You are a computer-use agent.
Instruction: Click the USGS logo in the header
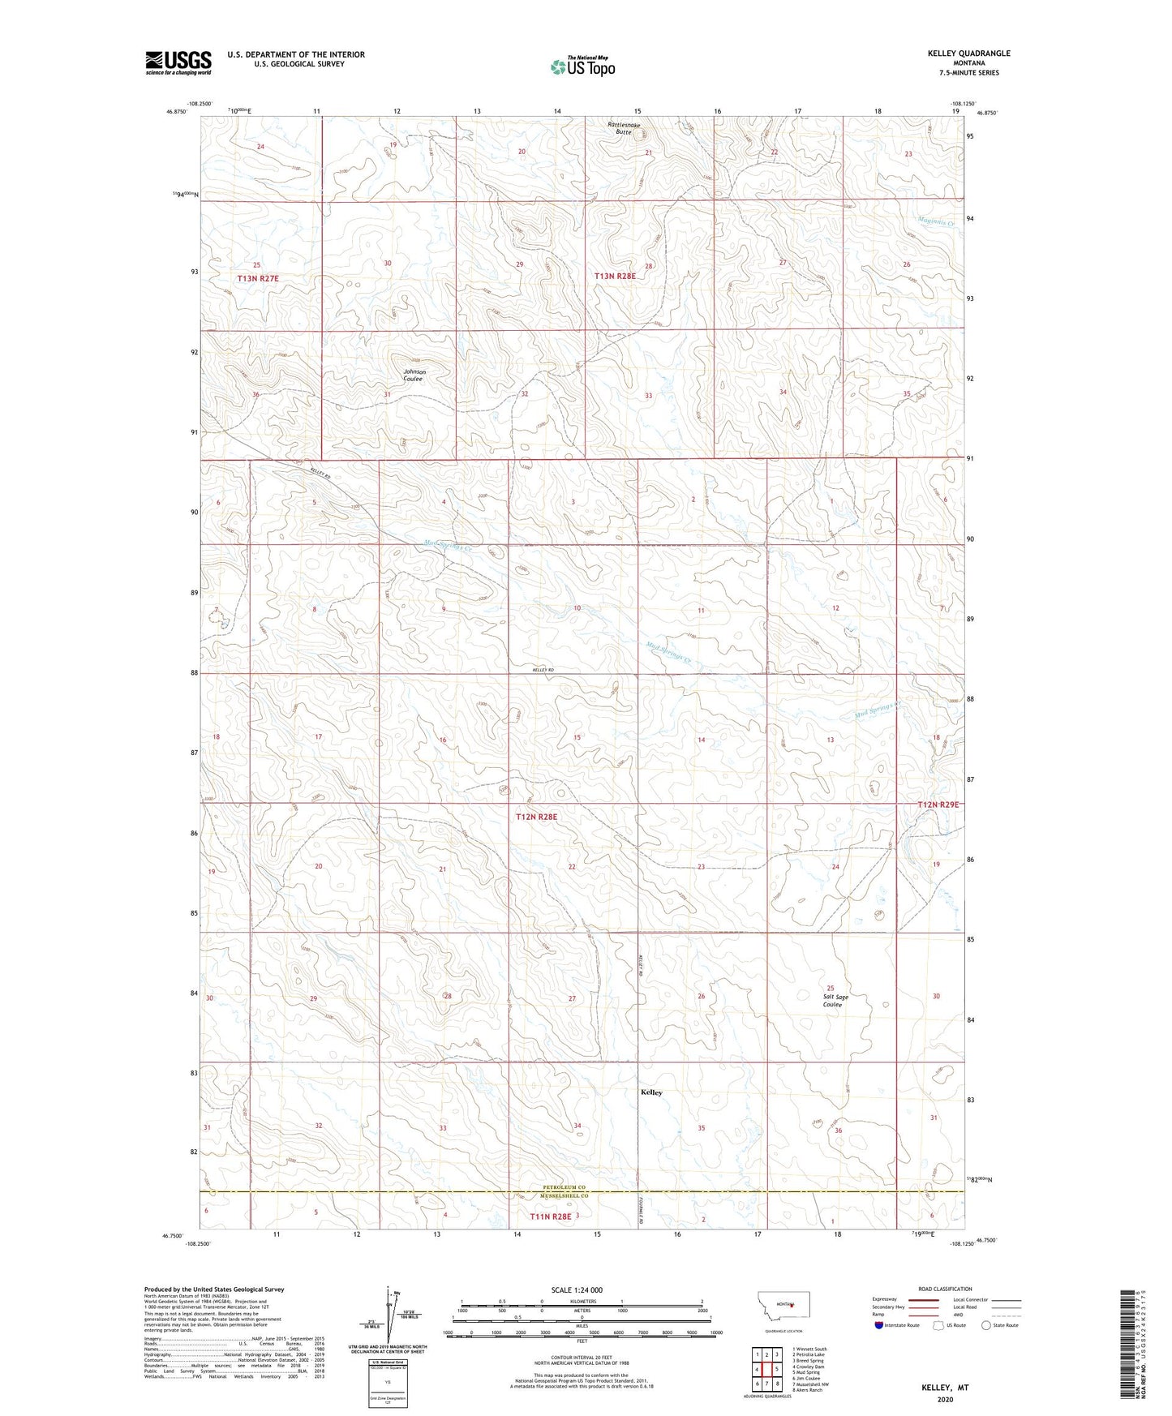click(x=178, y=62)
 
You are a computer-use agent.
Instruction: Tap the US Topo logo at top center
click(x=582, y=67)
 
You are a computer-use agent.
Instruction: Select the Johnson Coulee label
click(x=414, y=375)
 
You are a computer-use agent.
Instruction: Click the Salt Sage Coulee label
click(x=832, y=1001)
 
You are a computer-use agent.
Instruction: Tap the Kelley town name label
click(x=651, y=1092)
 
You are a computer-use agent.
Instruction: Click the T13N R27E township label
click(x=263, y=278)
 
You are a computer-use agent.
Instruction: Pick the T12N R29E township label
click(x=938, y=805)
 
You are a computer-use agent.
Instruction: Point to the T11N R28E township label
click(x=551, y=1216)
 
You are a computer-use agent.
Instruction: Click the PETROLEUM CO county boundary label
click(x=570, y=1187)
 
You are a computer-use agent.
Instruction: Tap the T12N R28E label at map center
click(x=537, y=817)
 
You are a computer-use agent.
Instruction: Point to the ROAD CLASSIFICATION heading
click(x=944, y=1289)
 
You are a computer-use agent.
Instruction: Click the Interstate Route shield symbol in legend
click(x=879, y=1325)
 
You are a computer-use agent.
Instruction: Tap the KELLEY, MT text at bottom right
click(x=945, y=1388)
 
